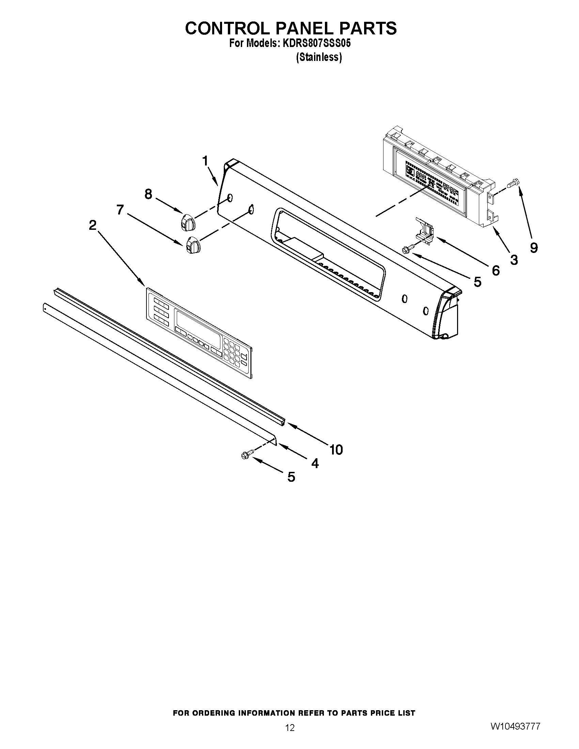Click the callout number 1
[x=205, y=161]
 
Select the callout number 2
[x=92, y=225]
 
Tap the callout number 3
[x=514, y=260]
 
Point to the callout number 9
[x=534, y=247]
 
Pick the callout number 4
[x=315, y=464]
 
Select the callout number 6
[x=496, y=271]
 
